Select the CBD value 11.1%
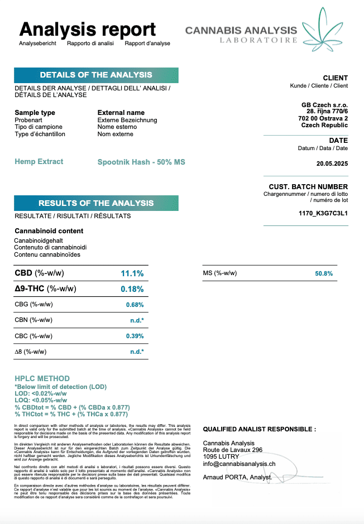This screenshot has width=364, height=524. [x=132, y=273]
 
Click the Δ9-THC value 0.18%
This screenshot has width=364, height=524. [x=132, y=289]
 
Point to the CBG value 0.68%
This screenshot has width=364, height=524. [x=135, y=305]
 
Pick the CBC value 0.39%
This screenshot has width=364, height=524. [x=135, y=336]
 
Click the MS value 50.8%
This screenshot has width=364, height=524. [x=324, y=273]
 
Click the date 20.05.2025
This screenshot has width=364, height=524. [x=332, y=164]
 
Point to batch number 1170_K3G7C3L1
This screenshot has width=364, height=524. [x=323, y=213]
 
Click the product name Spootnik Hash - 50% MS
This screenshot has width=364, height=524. [x=141, y=162]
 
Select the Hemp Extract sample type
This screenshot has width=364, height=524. [x=39, y=162]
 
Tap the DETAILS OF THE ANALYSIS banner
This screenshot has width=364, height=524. [x=96, y=75]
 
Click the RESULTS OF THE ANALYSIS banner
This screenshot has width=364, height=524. [x=96, y=203]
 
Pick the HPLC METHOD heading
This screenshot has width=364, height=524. [x=42, y=378]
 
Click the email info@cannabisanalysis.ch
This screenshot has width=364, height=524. [x=239, y=463]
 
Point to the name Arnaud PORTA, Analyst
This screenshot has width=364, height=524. [x=237, y=477]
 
